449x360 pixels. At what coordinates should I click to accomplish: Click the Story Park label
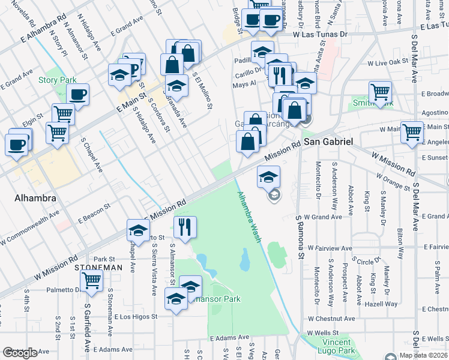coord(57,80)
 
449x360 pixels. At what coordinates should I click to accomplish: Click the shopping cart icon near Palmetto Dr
coord(91,280)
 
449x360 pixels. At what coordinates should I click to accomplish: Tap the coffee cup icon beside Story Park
coord(77,94)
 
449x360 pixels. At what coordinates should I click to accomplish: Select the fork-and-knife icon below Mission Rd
coord(185,226)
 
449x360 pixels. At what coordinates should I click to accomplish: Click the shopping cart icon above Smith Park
coord(380,91)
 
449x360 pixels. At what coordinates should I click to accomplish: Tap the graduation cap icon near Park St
coord(138,230)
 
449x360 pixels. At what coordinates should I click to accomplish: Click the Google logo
coord(19,353)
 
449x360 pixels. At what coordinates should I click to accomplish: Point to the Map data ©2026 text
coord(424,355)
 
